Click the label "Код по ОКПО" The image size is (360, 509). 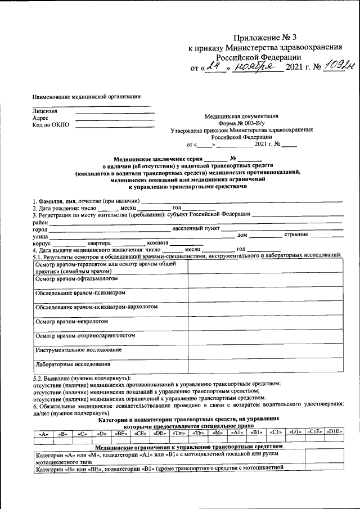52,125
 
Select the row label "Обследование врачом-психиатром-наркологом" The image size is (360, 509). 96,307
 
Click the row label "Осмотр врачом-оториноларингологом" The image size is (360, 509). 85,336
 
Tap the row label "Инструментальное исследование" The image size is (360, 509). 78,350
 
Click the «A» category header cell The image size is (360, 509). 43,434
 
